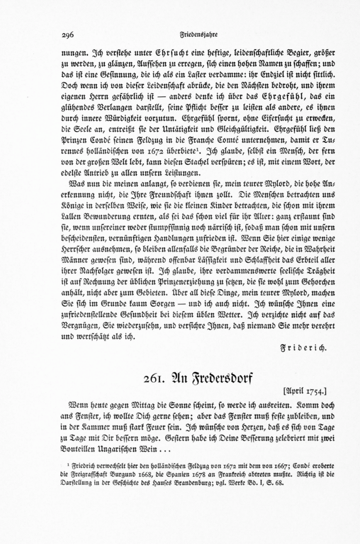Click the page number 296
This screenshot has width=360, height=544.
pyautogui.click(x=68, y=35)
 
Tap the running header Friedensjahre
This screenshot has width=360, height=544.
pyautogui.click(x=198, y=34)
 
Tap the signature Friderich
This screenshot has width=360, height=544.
pyautogui.click(x=304, y=347)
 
